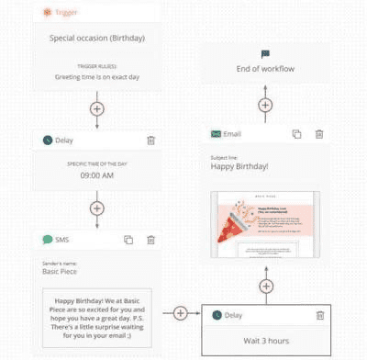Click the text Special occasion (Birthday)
[x=97, y=38]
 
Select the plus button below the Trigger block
[x=97, y=107]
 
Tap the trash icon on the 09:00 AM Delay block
[x=151, y=141]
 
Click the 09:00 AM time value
[x=97, y=174]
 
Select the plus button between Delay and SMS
[x=97, y=207]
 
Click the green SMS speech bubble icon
[x=48, y=240]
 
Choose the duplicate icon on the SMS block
[x=128, y=240]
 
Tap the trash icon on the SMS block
[x=151, y=240]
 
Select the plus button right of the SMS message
[x=181, y=313]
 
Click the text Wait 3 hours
[x=265, y=342]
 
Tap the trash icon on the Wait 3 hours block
[x=320, y=315]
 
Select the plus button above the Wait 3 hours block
[x=265, y=285]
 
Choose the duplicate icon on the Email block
[x=296, y=134]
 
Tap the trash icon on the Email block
[x=319, y=134]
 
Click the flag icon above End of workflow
[x=265, y=55]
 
